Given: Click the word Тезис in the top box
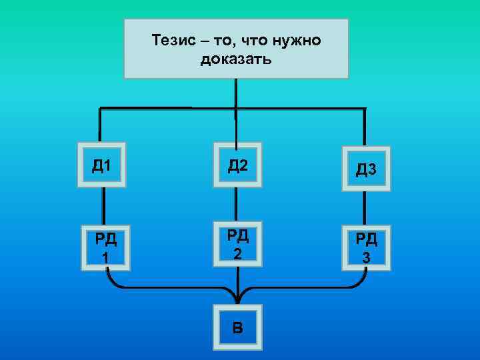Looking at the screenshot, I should coord(171,41).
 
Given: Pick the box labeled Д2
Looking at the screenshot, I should coord(237,165).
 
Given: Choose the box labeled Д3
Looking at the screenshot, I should coord(366,169).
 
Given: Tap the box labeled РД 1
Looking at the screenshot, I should coord(105,247).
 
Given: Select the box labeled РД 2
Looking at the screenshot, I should coord(237,243).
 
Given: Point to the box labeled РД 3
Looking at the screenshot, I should coord(366,247).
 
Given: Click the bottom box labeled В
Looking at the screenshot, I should coord(237,327).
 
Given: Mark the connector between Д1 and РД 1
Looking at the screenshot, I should coord(103,207).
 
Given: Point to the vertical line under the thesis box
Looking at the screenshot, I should coord(235,93).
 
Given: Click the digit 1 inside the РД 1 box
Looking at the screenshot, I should coord(105,257).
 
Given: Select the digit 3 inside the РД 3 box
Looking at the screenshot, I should coord(366,257).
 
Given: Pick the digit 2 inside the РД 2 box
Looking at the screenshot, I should coord(237,253).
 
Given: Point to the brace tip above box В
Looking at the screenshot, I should coord(237,298).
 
